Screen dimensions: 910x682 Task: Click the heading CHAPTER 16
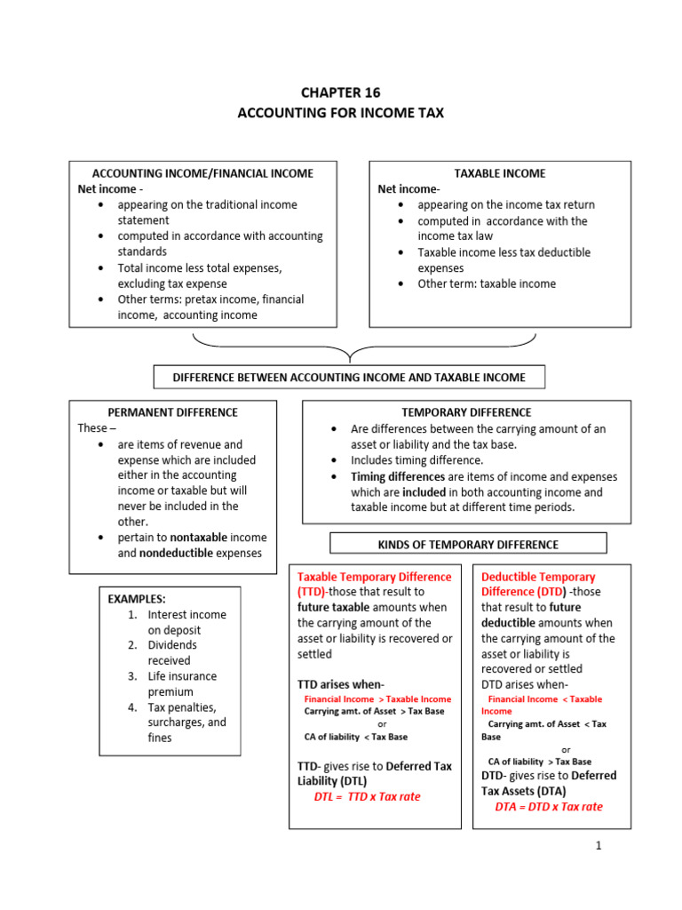[340, 92]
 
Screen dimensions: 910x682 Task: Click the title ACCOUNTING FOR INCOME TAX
[340, 113]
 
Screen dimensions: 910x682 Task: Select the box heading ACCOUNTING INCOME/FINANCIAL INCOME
[202, 173]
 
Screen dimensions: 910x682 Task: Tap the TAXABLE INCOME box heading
[500, 173]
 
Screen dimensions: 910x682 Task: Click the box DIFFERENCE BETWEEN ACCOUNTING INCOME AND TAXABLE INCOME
[349, 378]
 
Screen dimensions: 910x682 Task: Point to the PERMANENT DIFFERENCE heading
[172, 412]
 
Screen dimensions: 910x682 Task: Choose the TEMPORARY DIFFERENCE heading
[466, 412]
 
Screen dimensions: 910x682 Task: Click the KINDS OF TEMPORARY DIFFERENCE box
[468, 544]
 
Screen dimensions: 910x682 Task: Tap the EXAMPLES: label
[138, 599]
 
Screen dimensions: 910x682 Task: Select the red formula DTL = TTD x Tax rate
[367, 796]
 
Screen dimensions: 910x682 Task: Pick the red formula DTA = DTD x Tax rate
[548, 807]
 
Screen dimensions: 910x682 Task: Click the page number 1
[599, 845]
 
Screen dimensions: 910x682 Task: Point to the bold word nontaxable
[200, 538]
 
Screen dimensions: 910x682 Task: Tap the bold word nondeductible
[176, 553]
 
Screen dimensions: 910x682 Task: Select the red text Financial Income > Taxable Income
[377, 699]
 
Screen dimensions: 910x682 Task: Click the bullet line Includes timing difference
[416, 460]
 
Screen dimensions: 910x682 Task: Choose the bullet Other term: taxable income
[487, 283]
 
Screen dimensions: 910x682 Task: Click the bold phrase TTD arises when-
[340, 684]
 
